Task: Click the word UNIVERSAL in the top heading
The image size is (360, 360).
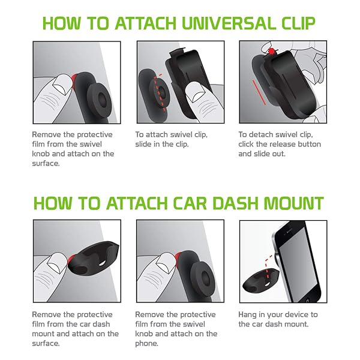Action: coord(229,23)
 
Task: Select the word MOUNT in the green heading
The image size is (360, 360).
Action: coord(294,203)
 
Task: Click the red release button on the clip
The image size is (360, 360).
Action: coord(272,52)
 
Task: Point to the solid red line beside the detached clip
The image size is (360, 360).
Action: coord(259,92)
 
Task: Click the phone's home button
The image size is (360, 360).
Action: coord(308,301)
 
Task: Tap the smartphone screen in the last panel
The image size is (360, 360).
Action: coord(298,263)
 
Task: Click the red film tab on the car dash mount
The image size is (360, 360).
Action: coord(71,259)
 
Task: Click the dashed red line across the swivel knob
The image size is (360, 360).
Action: coord(160,92)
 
